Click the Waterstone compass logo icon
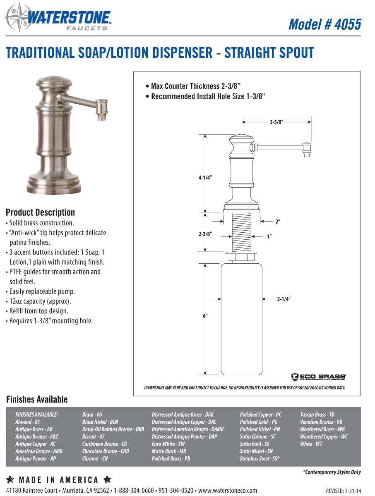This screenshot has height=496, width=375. point(16,17)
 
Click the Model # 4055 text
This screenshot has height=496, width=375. point(325,24)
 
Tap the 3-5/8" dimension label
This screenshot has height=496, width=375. point(276,122)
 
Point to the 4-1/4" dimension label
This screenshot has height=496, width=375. point(205,177)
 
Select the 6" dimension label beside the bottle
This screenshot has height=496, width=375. point(205,315)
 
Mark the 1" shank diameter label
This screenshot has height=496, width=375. point(269,236)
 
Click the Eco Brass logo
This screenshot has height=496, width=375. point(318,377)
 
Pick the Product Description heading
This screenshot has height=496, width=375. point(40,212)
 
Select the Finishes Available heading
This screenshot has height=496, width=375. point(36,399)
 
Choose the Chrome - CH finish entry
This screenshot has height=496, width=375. point(95,459)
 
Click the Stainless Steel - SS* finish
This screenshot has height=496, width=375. point(260,459)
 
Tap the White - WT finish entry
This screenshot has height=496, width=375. point(311,444)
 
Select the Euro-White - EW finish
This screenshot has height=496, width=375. point(168,444)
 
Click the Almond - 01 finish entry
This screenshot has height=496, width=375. point(28,422)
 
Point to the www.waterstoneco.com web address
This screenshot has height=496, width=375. point(227,490)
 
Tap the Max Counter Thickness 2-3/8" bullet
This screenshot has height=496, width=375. point(193,86)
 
